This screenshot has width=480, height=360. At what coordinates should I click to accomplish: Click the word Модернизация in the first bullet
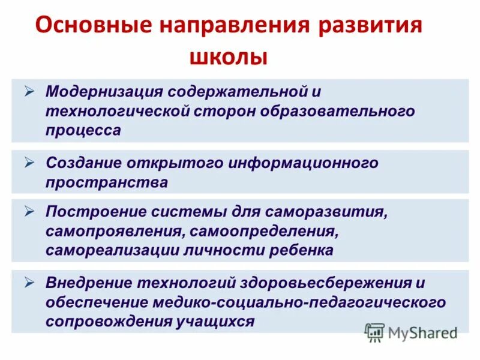tap(104, 92)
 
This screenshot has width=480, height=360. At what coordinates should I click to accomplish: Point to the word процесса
tap(83, 130)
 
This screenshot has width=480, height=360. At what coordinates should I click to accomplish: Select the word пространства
tap(107, 182)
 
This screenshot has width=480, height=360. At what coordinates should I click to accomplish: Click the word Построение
tap(91, 212)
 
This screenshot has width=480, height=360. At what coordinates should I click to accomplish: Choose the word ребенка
tap(300, 250)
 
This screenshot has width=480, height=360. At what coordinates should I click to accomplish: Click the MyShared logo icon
tap(374, 332)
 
